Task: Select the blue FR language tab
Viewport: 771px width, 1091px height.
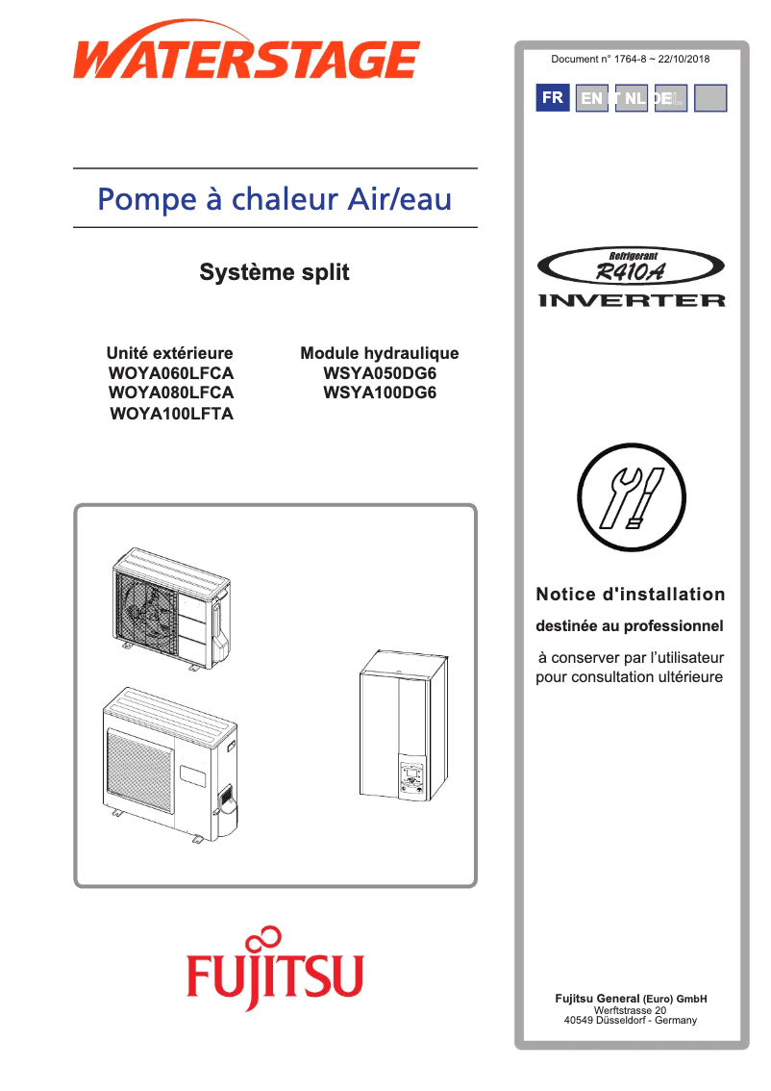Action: coord(553,98)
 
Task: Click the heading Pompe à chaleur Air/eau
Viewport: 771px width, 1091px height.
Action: coord(275,199)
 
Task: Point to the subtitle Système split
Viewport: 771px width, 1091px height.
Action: coord(274,272)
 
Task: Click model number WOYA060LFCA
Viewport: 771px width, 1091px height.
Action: coord(171,373)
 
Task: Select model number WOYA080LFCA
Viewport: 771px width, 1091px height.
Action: coord(171,393)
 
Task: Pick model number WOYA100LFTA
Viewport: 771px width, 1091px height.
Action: coord(171,415)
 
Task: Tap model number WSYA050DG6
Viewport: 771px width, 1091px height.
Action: coord(380,373)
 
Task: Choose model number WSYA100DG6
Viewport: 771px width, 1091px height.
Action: coord(380,393)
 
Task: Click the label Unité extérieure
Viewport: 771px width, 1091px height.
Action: coord(170,353)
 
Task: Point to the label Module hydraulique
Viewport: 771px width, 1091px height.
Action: coord(380,353)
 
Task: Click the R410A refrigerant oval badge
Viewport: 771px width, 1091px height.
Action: coord(631,268)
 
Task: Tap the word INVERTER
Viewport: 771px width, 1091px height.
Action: coord(632,301)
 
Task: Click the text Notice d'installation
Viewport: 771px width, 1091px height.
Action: coord(631,595)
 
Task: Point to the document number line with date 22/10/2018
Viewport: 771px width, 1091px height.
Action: coord(631,60)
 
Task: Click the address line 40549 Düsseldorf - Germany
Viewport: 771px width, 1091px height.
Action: coord(631,1020)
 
